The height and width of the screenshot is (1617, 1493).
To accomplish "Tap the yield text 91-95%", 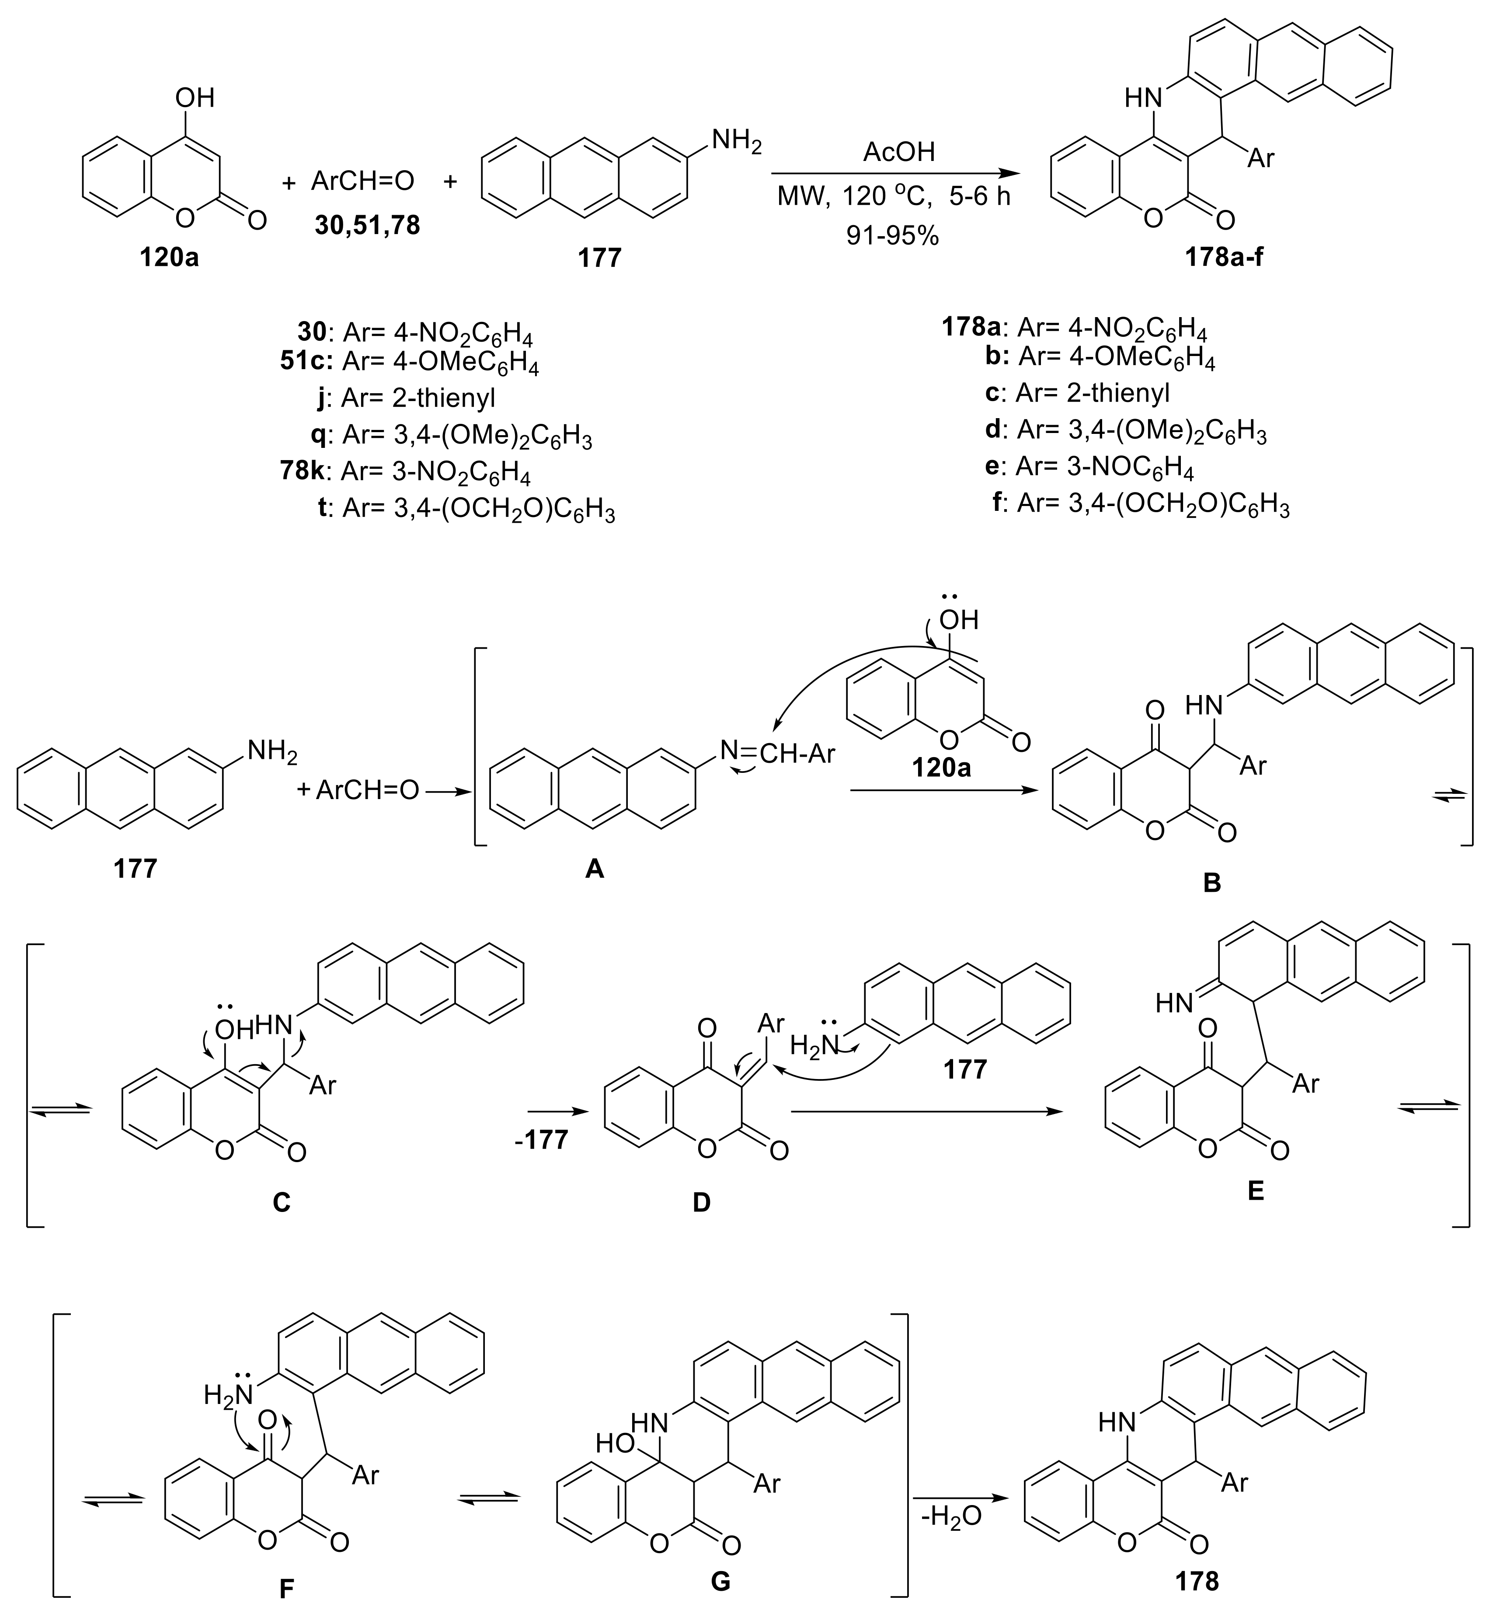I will pyautogui.click(x=893, y=235).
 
